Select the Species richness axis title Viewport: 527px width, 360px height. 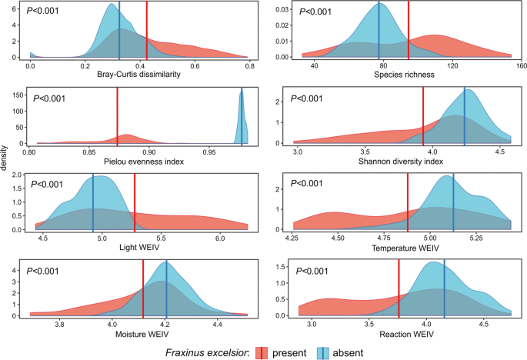pyautogui.click(x=404, y=75)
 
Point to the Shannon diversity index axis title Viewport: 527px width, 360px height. pyautogui.click(x=404, y=162)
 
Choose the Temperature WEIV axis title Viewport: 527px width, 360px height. pyautogui.click(x=404, y=248)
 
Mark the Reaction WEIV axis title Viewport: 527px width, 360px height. pyautogui.click(x=404, y=335)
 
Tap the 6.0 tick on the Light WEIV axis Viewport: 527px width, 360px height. pyautogui.click(x=219, y=238)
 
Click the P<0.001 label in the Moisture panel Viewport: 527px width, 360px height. pyautogui.click(x=48, y=271)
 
